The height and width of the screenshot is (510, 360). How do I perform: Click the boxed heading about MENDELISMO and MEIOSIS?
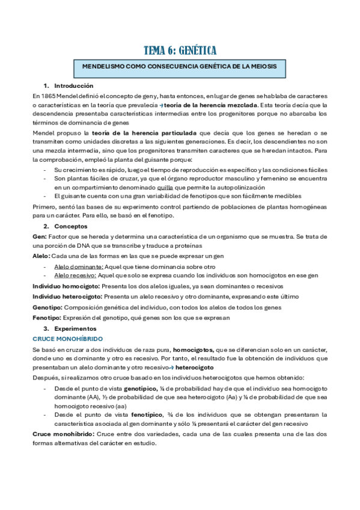(x=180, y=67)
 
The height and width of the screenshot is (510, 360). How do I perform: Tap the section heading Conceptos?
(x=70, y=227)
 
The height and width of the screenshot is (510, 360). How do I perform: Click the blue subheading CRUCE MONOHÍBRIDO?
(x=60, y=339)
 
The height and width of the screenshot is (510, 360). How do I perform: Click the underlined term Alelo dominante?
(x=79, y=266)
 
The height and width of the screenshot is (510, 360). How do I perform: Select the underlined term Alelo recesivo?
(x=78, y=275)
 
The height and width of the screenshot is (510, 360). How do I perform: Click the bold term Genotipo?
(x=47, y=307)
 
